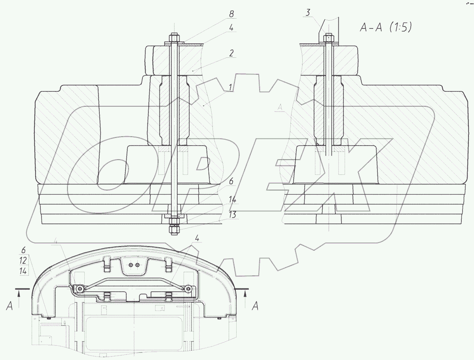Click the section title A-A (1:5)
point(386,28)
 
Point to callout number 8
point(231,14)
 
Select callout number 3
point(308,13)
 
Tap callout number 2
point(231,53)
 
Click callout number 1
point(230,88)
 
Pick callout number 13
point(232,214)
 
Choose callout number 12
point(23,261)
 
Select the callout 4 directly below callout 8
point(231,28)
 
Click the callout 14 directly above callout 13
point(232,200)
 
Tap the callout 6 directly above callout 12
point(23,250)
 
